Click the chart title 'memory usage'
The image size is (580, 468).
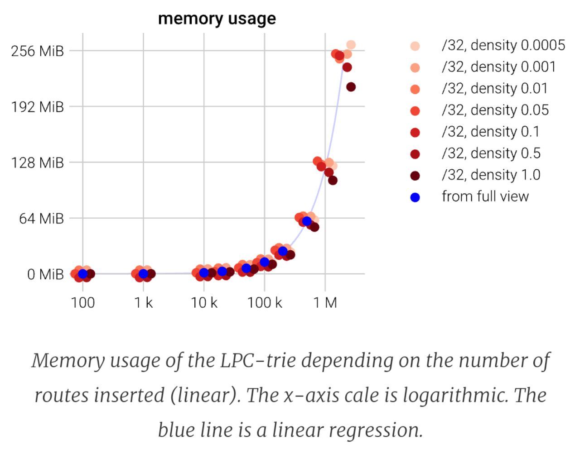click(x=217, y=19)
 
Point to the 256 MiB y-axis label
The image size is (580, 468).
click(x=37, y=51)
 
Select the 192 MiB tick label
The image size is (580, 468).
click(x=37, y=107)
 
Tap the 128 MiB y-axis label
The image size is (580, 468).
click(x=37, y=162)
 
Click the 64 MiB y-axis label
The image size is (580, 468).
click(x=41, y=218)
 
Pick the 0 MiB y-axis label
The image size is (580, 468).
click(x=45, y=274)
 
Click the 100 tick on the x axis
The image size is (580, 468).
click(x=83, y=303)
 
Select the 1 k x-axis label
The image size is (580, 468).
click(x=144, y=303)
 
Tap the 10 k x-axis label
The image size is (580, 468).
click(x=204, y=303)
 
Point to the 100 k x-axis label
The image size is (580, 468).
click(x=265, y=303)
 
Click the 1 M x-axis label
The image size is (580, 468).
click(x=325, y=303)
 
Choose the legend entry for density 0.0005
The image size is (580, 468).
click(x=503, y=45)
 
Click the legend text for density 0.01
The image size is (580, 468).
click(x=494, y=88)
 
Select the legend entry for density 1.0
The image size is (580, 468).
click(x=491, y=175)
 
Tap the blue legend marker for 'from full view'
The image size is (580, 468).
click(x=415, y=197)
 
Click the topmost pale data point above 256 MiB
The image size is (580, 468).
click(x=351, y=45)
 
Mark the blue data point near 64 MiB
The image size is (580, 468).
click(x=307, y=221)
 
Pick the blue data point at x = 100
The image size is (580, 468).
click(x=83, y=274)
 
